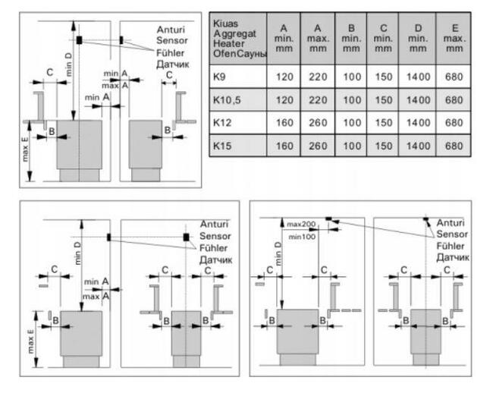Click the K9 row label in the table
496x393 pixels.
click(221, 77)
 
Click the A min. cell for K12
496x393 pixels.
click(284, 122)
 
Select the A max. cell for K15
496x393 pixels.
click(317, 145)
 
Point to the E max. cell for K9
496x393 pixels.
click(454, 77)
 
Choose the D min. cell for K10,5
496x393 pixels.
click(418, 100)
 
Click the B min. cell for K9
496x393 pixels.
click(351, 77)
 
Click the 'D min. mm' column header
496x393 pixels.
click(418, 39)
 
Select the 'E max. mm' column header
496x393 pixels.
click(454, 39)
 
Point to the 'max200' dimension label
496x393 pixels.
click(300, 224)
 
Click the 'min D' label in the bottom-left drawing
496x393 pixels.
click(80, 250)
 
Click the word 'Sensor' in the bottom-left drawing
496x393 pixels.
click(215, 236)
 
